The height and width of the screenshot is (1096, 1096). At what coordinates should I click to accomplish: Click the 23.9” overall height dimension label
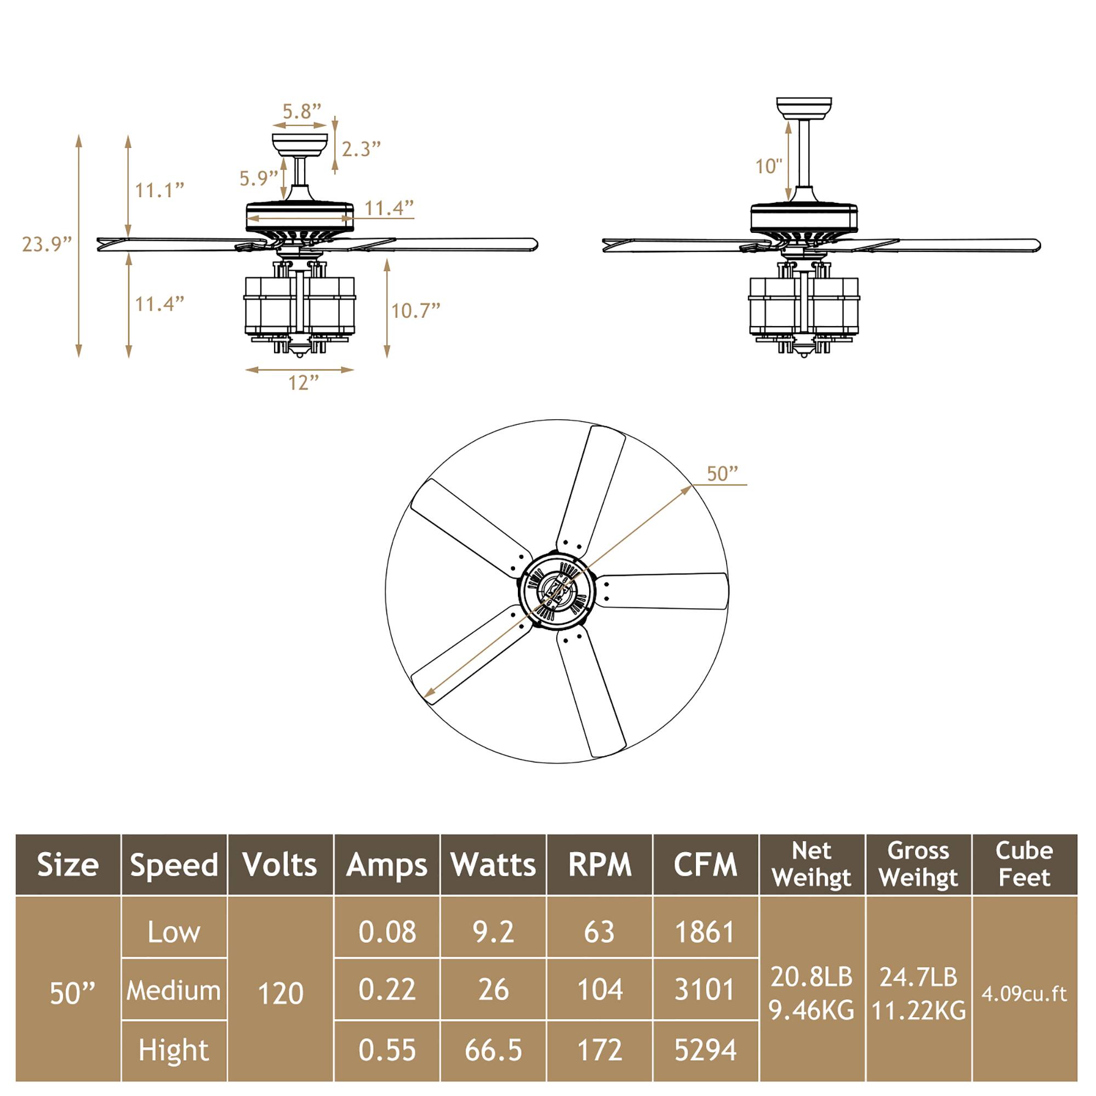(x=47, y=244)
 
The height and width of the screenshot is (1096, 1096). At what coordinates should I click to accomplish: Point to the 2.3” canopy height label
(x=361, y=149)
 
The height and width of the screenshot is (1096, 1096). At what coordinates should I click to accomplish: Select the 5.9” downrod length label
(x=258, y=178)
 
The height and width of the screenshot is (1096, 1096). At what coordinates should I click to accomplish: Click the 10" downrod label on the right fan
(x=769, y=166)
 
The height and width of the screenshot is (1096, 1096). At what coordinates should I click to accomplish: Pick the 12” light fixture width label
(x=304, y=383)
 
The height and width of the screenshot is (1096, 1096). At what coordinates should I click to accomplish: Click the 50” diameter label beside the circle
(x=722, y=473)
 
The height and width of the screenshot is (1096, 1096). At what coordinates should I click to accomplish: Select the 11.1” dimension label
(x=159, y=190)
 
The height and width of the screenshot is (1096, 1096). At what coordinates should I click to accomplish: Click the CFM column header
(x=705, y=865)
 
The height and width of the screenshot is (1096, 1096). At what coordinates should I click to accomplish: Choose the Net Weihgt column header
(x=811, y=865)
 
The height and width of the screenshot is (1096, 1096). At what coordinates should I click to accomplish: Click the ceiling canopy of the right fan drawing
(x=804, y=108)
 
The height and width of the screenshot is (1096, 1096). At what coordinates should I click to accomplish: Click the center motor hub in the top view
(x=557, y=591)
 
